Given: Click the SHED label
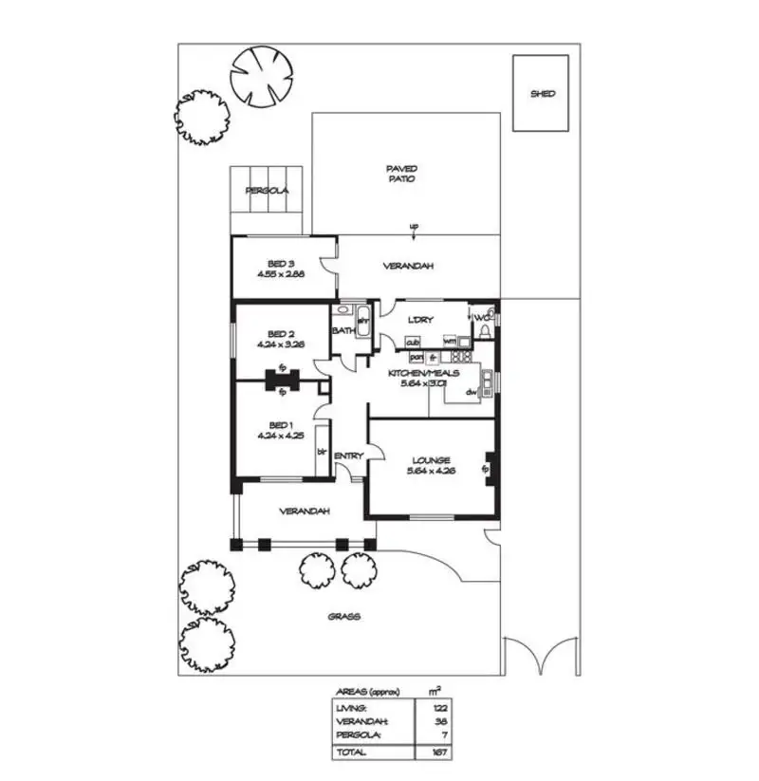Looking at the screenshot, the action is [x=542, y=94].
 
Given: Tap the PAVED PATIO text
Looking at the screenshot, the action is [x=400, y=174].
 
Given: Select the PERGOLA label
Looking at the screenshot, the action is [x=267, y=191].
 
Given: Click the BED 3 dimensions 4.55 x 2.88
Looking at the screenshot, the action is [x=279, y=273].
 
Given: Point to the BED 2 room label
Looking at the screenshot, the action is [x=278, y=334].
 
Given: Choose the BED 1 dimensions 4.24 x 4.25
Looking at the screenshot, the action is [x=279, y=437].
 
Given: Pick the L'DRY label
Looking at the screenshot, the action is [x=420, y=320].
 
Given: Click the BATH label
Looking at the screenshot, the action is [x=342, y=330].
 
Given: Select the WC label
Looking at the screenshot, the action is [x=480, y=317].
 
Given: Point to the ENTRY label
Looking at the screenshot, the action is [x=348, y=456].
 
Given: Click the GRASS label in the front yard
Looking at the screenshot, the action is [x=343, y=616].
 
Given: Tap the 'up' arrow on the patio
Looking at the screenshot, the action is [x=413, y=227].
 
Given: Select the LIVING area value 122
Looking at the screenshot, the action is [x=438, y=707].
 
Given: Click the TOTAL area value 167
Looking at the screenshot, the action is [x=438, y=753].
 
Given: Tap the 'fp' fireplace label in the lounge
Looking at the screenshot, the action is [x=485, y=468].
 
